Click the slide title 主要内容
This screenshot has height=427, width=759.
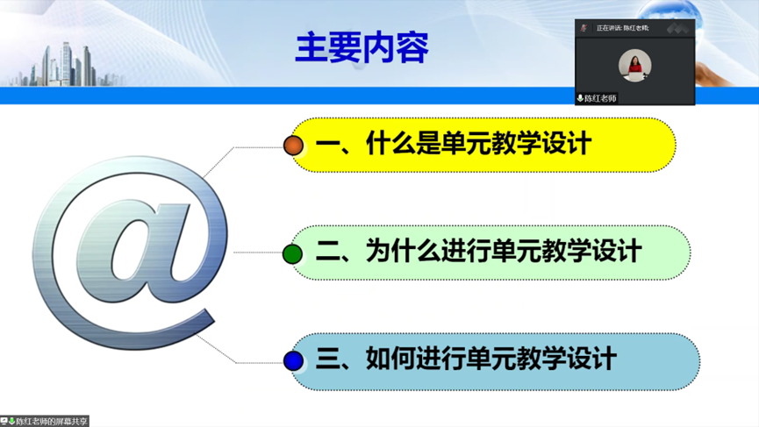pos(362,47)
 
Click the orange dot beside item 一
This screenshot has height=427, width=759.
pos(293,146)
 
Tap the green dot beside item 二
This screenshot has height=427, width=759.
pos(292,254)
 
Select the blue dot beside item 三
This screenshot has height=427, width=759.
pos(293,361)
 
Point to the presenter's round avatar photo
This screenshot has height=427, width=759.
pos(634,65)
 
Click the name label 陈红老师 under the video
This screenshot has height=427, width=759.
pos(600,99)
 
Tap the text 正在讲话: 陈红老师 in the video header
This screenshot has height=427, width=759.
pos(622,28)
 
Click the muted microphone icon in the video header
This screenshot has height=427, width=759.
pos(584,28)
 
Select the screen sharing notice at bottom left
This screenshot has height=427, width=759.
pos(45,421)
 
